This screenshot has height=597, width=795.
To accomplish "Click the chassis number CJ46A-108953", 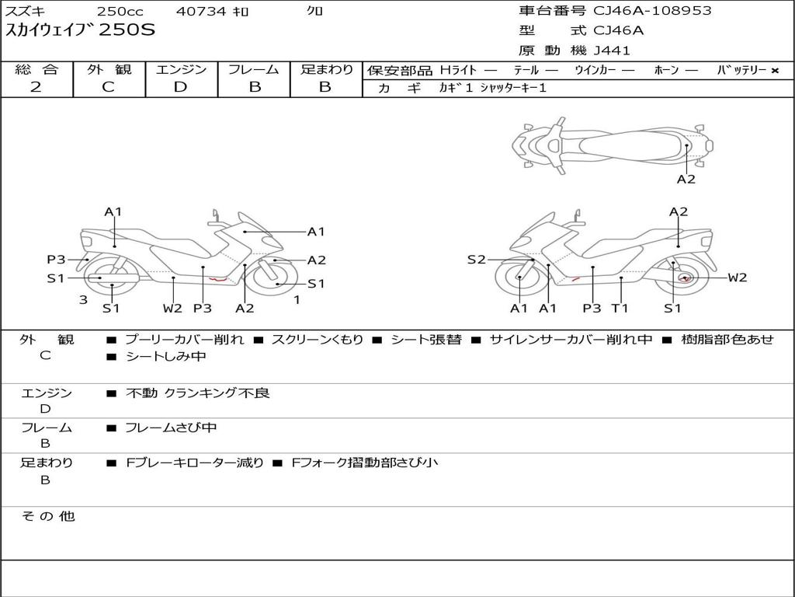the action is point(652,11).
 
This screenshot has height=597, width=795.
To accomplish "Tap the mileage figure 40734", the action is point(201,11).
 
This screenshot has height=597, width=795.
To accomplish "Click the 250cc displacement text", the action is point(120,11).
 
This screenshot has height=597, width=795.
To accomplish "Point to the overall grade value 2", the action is point(36,87).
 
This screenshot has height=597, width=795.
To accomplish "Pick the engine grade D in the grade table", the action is point(180,87).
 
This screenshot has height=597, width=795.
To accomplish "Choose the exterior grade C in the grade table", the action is point(108,87).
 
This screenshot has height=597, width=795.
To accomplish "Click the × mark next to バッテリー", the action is point(775,71).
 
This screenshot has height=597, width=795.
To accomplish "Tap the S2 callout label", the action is point(476,260).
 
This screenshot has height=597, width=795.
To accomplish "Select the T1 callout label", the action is point(620,308).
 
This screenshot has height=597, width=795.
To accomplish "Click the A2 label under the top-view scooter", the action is point(686,180).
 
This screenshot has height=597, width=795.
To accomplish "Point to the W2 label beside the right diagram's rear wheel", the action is point(738,278).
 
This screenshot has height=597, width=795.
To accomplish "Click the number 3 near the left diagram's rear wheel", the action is point(83,299).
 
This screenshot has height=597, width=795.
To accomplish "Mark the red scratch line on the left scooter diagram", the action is point(218,278).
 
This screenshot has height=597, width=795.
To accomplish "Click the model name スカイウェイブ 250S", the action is point(80,30).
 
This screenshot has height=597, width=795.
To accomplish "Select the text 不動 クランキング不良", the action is point(198,393).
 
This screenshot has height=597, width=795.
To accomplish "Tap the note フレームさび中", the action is point(171,428).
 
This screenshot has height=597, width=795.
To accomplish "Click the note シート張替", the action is point(426,339).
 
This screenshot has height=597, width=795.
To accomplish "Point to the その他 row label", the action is point(48,516).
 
